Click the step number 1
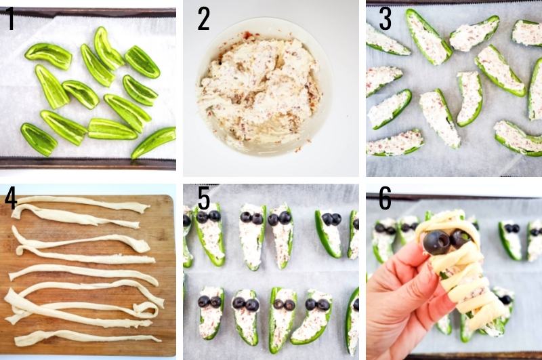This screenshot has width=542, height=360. pyautogui.click(x=12, y=19)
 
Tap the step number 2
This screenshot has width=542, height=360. pyautogui.click(x=204, y=19)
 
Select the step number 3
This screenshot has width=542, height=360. pyautogui.click(x=385, y=19)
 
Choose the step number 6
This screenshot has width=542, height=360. pyautogui.click(x=385, y=198)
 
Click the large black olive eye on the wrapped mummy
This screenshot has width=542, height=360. pyautogui.click(x=437, y=243)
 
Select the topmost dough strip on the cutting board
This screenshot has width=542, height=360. pyautogui.click(x=83, y=203)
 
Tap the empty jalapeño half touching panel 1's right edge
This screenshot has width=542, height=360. pyautogui.click(x=154, y=142)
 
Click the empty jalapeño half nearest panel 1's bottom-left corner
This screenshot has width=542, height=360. pyautogui.click(x=39, y=139)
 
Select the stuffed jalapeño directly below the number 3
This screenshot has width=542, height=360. pyautogui.click(x=388, y=39)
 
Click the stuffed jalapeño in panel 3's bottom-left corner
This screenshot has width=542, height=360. pyautogui.click(x=395, y=143)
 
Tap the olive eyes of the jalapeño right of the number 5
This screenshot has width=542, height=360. pyautogui.click(x=209, y=216)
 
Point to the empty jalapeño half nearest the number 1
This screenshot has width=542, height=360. pyautogui.click(x=48, y=56)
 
